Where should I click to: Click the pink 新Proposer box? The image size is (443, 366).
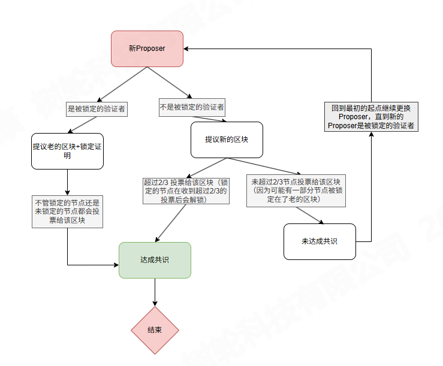(x=147, y=49)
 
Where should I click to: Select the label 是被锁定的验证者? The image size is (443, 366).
(x=97, y=109)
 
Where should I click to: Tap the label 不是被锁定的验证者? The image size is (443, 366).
(x=192, y=107)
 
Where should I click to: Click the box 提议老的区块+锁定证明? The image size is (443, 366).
(x=67, y=150)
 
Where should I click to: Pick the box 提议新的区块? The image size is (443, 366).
(x=227, y=140)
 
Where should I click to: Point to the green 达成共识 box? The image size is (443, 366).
(x=155, y=260)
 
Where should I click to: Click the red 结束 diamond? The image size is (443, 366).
(x=155, y=330)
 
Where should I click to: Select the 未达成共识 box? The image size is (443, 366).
(x=320, y=241)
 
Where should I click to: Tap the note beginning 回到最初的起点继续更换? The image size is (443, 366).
(x=371, y=117)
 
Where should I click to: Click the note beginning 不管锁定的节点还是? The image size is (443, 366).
(x=67, y=211)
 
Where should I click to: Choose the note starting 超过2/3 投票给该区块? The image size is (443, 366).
(x=185, y=191)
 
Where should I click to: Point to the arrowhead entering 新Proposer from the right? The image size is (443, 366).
(x=186, y=49)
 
